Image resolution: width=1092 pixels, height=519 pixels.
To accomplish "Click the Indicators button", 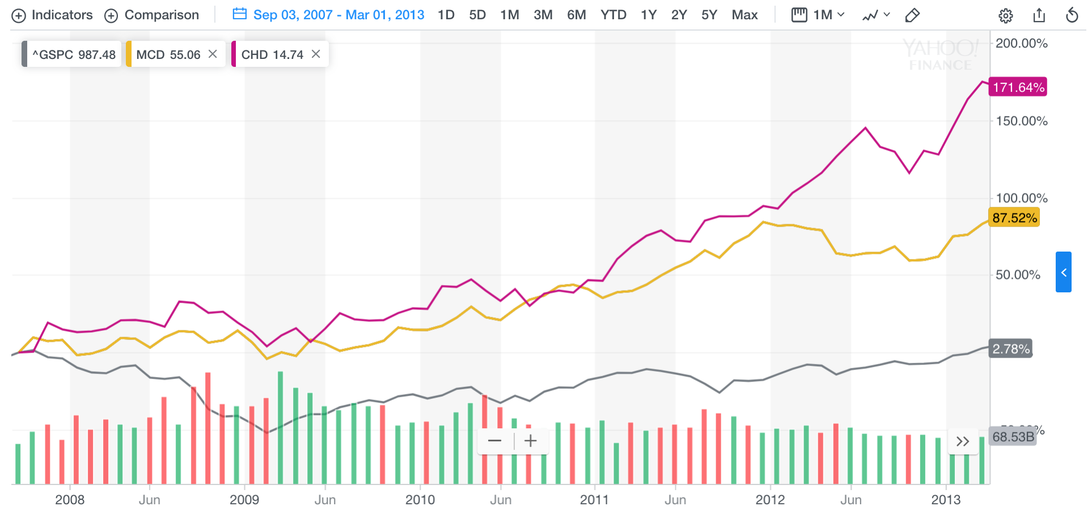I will click(x=52, y=15).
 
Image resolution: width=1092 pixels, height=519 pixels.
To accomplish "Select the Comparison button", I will click(x=152, y=15).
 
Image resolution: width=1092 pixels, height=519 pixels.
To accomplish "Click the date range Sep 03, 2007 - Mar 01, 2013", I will click(x=329, y=15).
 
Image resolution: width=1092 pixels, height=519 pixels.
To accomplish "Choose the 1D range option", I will click(x=446, y=15).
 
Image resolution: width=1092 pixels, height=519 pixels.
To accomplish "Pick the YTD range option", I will click(x=613, y=15).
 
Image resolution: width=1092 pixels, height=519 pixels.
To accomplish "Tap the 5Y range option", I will click(x=709, y=15).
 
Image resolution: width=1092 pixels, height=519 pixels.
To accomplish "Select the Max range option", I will click(x=744, y=15).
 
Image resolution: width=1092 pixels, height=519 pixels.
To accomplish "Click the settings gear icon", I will click(x=1006, y=16).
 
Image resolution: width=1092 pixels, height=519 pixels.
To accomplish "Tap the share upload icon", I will click(x=1039, y=15).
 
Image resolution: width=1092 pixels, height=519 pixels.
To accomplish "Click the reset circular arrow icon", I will click(x=1072, y=15).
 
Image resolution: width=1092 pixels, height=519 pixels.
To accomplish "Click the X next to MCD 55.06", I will click(x=213, y=54).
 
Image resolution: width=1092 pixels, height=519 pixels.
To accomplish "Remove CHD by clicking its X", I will click(x=316, y=54).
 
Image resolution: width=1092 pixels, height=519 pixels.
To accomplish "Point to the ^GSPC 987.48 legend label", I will click(x=74, y=55).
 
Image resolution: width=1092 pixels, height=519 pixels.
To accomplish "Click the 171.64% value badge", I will click(x=1018, y=87).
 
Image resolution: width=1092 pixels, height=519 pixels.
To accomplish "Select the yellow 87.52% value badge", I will click(x=1014, y=218).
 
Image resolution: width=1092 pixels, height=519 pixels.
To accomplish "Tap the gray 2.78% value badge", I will click(x=1011, y=349).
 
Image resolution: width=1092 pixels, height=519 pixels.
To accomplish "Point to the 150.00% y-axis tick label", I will click(x=1022, y=121).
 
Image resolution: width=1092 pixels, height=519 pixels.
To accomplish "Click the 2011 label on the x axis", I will click(x=594, y=500).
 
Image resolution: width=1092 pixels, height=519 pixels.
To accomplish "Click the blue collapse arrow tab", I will click(x=1064, y=273).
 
